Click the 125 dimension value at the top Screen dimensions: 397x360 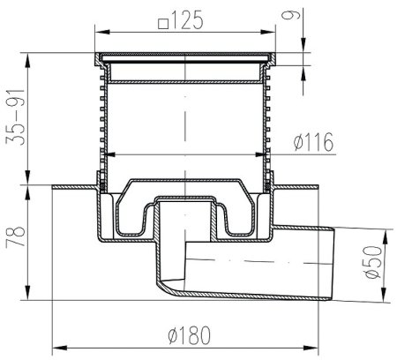click(x=187, y=20)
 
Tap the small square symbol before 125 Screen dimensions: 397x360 click(x=163, y=24)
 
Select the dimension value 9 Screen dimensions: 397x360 click(x=291, y=15)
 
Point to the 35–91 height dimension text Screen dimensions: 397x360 click(x=15, y=116)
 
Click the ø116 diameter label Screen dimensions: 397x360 click(x=314, y=142)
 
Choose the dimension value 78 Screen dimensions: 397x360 click(x=15, y=237)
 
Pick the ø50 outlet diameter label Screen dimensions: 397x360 click(x=372, y=262)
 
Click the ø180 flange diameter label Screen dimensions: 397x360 click(x=190, y=335)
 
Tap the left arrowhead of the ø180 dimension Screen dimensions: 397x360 click(x=59, y=349)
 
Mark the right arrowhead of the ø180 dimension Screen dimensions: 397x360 click(x=311, y=349)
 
